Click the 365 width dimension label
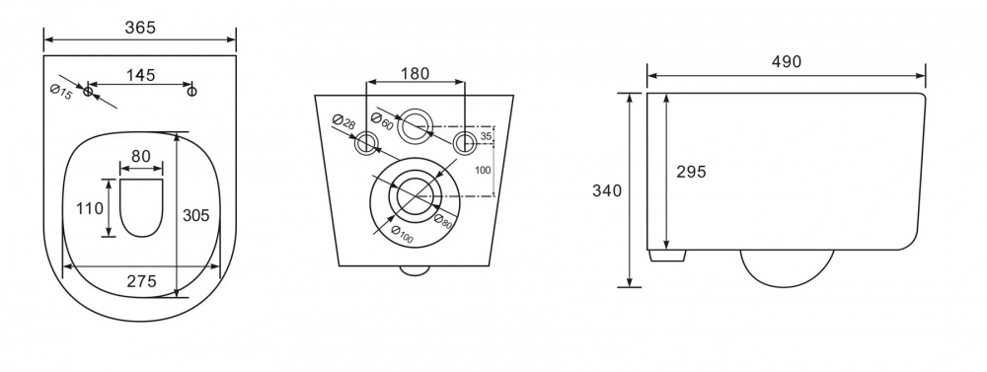(x=140, y=28)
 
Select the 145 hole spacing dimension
(x=140, y=75)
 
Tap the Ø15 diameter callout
(x=61, y=91)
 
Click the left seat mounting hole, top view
(x=88, y=92)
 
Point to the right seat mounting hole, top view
(x=192, y=92)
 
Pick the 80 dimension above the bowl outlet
(x=141, y=156)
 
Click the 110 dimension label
(x=90, y=208)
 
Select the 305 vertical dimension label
(x=195, y=215)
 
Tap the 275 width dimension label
(x=141, y=281)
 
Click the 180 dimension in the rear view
(x=415, y=74)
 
